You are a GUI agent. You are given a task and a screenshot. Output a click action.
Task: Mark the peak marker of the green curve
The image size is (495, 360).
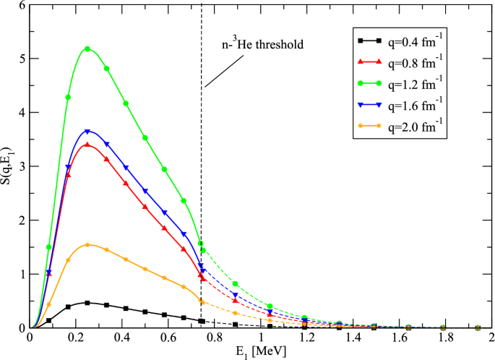click(x=87, y=49)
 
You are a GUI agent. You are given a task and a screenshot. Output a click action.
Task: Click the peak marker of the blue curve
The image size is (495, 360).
click(x=87, y=132)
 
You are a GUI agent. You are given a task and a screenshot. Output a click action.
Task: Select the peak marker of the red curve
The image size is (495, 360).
click(x=87, y=145)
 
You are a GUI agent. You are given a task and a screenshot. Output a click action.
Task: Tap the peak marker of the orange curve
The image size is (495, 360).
click(x=87, y=245)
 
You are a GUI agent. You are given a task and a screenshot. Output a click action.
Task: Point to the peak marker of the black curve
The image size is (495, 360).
click(x=87, y=303)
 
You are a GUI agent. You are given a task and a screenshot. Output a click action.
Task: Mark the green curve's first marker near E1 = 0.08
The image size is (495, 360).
click(x=49, y=247)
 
